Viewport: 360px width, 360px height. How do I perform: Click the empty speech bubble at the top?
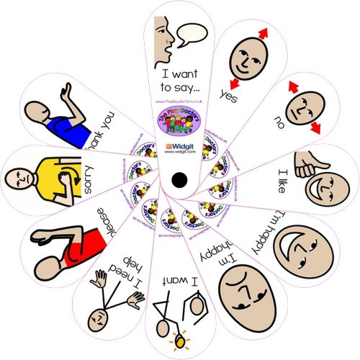[x=192, y=33]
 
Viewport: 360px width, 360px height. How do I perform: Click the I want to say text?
[x=181, y=80]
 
